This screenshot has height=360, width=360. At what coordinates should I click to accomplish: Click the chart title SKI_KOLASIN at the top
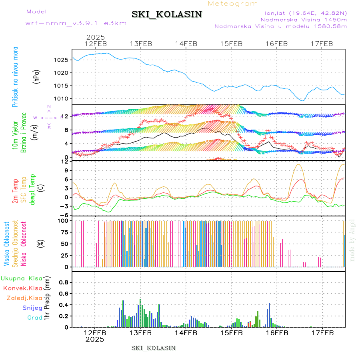tap(166, 14)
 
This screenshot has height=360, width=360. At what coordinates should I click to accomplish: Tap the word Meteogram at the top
tap(233, 4)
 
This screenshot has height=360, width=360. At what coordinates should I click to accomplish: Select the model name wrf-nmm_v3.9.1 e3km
tap(76, 23)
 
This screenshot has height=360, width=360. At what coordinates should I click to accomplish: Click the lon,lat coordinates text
tap(303, 12)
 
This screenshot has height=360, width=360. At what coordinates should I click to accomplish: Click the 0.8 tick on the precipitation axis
tap(63, 282)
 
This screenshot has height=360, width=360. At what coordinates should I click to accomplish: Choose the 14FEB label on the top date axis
tap(186, 44)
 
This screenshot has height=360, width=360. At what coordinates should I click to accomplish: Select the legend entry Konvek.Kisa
tap(23, 288)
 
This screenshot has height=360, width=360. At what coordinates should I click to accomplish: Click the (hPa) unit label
tap(37, 76)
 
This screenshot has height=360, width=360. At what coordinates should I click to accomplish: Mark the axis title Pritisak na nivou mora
tap(15, 76)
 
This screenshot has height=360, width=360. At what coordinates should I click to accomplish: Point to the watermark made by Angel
tap(352, 240)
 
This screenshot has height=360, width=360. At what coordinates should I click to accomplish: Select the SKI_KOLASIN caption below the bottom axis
tap(154, 348)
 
